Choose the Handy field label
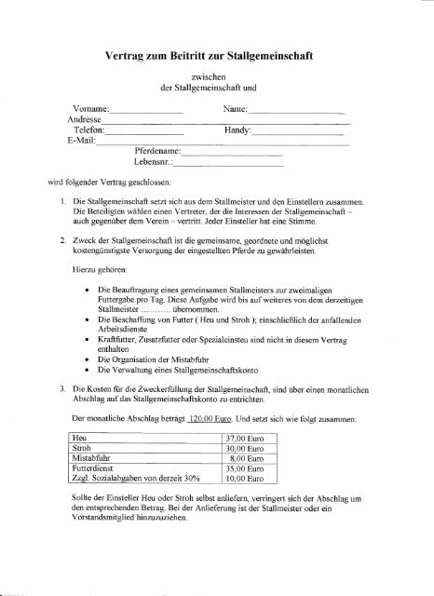click(x=239, y=132)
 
